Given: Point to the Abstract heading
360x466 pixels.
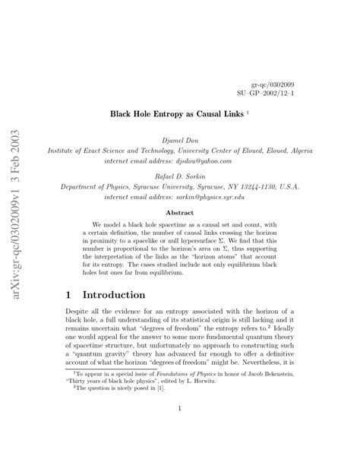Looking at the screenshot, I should [179, 213].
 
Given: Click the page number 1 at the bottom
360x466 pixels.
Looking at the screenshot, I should [179, 407].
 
